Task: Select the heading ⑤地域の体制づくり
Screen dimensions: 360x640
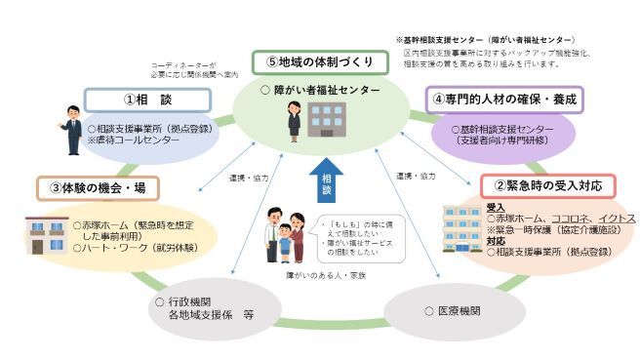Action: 321,62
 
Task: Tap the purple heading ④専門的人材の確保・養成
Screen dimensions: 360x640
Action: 503,99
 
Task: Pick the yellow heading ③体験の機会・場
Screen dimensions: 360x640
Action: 98,187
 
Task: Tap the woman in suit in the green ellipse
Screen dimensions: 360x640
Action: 293,125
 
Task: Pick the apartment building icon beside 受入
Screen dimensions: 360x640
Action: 462,228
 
